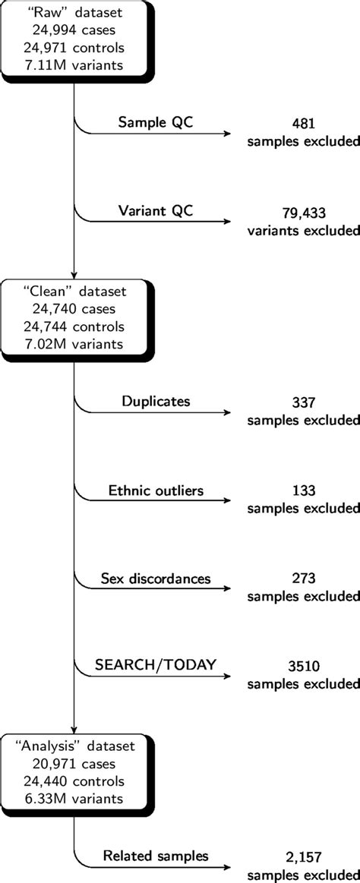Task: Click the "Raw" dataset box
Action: pyautogui.click(x=74, y=37)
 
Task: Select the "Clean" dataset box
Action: pyautogui.click(x=74, y=316)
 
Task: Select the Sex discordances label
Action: pyautogui.click(x=155, y=579)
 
